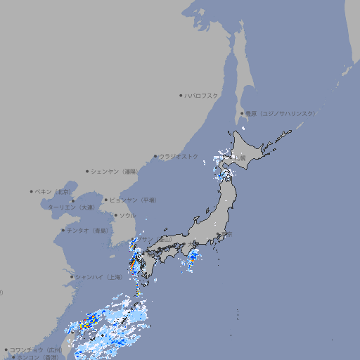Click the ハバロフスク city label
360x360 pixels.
[202, 95]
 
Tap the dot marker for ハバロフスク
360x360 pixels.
[181, 95]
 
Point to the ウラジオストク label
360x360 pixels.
[179, 156]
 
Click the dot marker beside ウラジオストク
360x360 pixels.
[155, 156]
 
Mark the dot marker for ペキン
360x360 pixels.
[32, 191]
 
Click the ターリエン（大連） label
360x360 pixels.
[71, 207]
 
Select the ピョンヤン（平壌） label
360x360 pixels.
[133, 200]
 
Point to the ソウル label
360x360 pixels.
[127, 215]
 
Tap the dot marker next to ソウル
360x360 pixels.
[115, 215]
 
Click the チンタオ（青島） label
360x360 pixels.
[87, 231]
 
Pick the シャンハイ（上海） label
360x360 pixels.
[98, 277]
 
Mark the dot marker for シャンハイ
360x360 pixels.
[72, 277]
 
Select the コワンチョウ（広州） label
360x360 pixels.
[36, 349]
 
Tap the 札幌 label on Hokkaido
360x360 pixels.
[240, 158]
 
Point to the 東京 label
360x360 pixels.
[225, 234]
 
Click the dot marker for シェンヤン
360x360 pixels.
[87, 171]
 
